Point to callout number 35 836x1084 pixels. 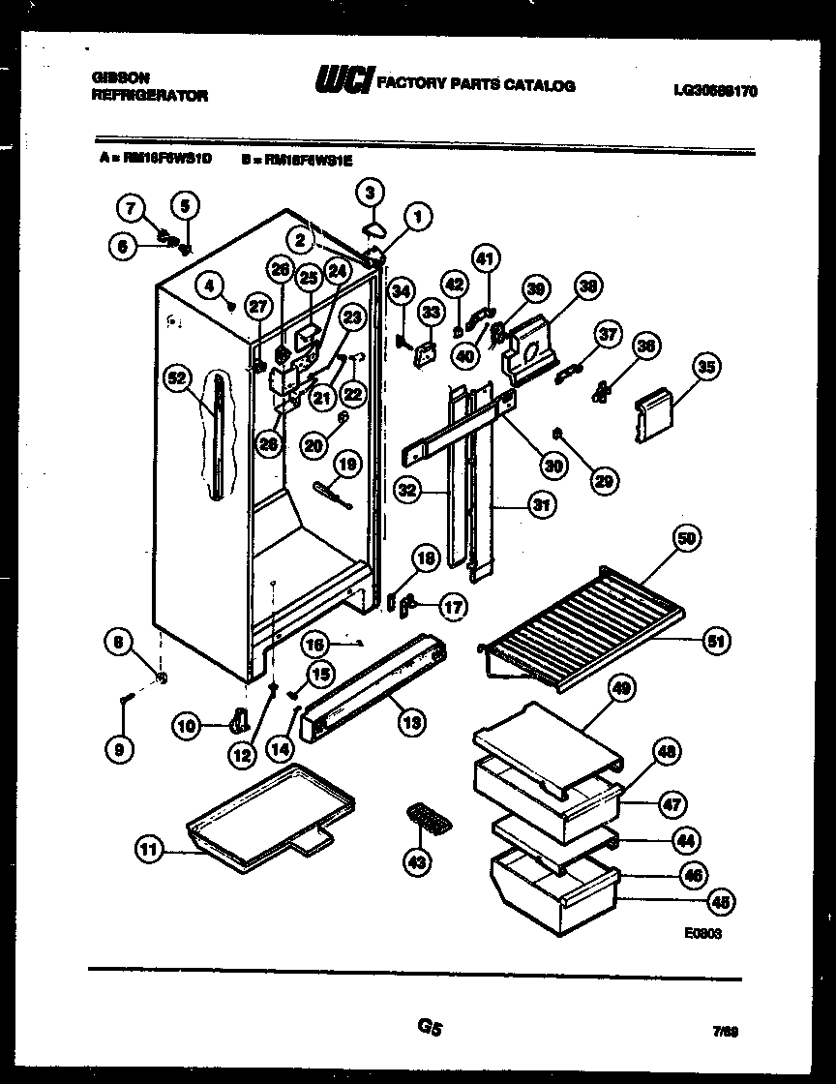[706, 367]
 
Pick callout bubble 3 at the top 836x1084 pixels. [369, 193]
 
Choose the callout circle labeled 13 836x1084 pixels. [411, 720]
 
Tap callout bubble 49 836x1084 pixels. [622, 688]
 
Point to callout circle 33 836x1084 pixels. [429, 312]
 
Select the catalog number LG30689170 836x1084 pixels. [715, 91]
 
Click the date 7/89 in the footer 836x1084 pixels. [742, 1033]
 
